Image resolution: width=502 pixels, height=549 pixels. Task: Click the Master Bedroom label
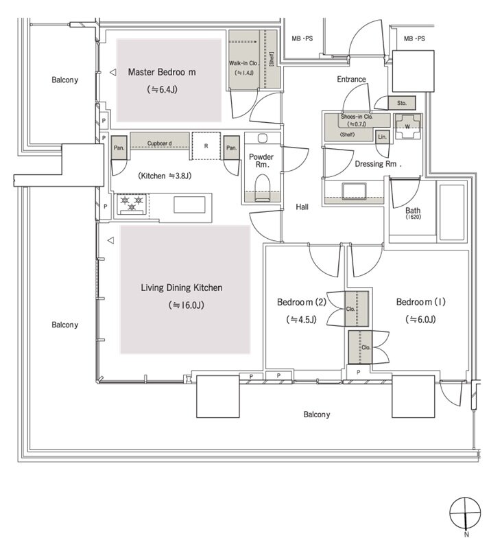coord(162,72)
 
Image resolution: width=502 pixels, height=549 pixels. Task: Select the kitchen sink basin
coord(189,205)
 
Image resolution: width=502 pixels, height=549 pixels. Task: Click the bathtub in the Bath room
coord(452,212)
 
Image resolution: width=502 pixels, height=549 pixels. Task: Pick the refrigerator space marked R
coord(206,146)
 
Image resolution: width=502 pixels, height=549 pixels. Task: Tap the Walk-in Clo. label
coord(243,63)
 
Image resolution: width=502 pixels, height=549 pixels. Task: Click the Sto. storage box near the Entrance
coord(402,104)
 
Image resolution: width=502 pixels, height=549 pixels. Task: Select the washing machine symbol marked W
coord(407,126)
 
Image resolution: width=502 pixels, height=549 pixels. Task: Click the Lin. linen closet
coord(382,137)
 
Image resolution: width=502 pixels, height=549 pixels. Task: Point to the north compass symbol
coord(465,513)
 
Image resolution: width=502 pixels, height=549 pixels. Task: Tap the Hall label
coord(302,207)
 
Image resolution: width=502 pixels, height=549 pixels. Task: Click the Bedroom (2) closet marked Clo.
coord(357,309)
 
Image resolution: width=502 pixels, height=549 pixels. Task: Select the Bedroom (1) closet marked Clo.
coord(359,347)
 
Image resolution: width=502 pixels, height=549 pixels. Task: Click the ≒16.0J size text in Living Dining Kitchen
coord(186,305)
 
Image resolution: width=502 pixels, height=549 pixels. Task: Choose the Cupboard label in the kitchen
coord(160,143)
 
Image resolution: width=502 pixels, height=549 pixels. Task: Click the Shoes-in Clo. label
coord(357,117)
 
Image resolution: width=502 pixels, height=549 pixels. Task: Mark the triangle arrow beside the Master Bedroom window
coord(112,73)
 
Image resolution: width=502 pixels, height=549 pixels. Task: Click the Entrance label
coord(351,79)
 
